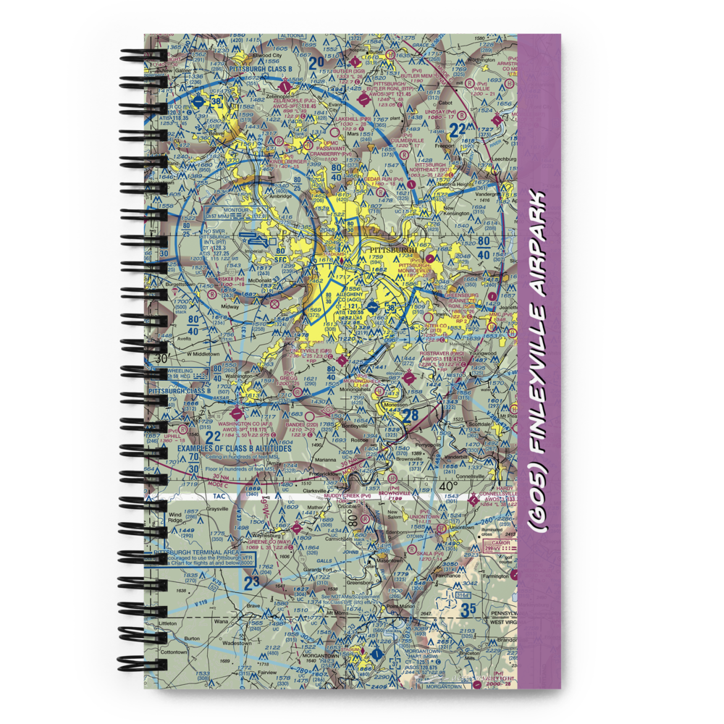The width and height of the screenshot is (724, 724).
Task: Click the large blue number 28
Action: [x=410, y=416]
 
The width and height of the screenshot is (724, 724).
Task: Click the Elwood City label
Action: [x=267, y=55]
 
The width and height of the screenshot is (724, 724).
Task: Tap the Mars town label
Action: [x=353, y=134]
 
